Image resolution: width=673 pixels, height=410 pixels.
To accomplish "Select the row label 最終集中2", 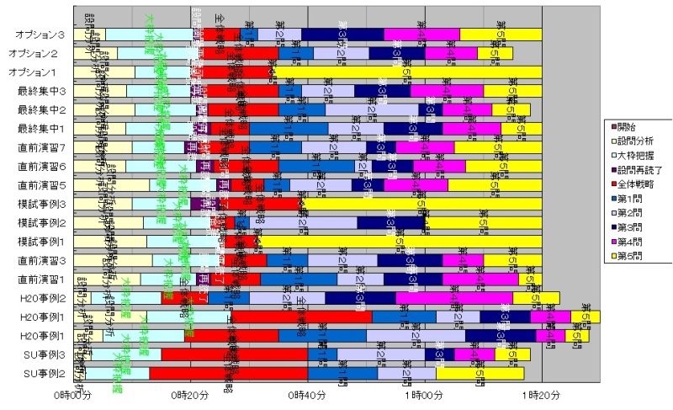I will coord(40,109).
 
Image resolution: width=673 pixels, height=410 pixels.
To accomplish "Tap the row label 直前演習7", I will coord(40,147).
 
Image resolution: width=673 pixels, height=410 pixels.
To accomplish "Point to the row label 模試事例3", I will coord(40,204).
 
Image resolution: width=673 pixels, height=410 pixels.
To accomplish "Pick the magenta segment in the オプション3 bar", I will coord(422,35).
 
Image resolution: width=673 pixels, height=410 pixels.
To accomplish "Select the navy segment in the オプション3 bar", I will coord(342,35).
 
